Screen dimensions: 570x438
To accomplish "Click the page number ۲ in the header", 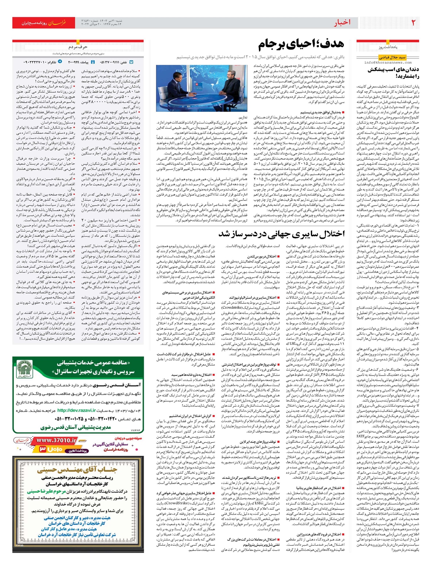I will coord(413,23).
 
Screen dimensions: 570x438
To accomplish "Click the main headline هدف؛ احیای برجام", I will coord(301,45).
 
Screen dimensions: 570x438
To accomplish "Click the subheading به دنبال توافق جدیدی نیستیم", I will coord(320,113).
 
